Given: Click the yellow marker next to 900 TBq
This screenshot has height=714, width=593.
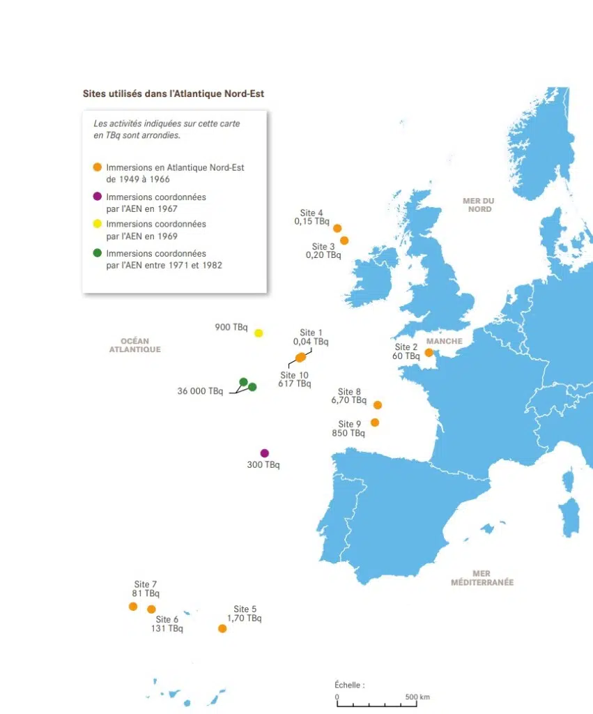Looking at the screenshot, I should pos(259,333).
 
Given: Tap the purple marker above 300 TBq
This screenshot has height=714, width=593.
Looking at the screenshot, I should pos(264,453).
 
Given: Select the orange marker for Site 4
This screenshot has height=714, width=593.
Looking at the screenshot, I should pos(337,228).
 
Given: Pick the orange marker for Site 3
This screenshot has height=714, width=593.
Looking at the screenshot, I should pos(344,241).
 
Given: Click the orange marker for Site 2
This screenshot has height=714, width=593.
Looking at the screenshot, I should pos(429,353).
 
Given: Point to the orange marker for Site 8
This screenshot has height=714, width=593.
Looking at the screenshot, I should pos(378,405).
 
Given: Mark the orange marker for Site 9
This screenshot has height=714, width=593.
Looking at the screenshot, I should pos(375,423).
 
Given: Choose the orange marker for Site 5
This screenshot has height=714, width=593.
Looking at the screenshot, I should pos(222,628).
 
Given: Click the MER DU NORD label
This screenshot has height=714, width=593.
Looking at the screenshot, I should pos(479,205).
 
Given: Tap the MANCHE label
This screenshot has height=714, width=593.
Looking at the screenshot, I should pos(444,342).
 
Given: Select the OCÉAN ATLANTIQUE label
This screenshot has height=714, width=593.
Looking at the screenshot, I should pos(134,345).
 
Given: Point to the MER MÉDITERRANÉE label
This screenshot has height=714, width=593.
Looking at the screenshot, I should pos(482,578).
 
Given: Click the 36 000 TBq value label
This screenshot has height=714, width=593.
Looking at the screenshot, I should pos(200,391).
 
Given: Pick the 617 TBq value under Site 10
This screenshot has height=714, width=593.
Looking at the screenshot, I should pos(294,383).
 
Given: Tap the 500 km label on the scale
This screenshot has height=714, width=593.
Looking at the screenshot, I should pos(417,697).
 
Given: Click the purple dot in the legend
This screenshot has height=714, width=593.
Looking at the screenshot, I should pos(98,197).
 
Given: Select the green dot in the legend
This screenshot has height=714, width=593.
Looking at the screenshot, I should pos(98,253).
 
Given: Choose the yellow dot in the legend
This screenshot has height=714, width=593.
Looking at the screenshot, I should pos(98,224).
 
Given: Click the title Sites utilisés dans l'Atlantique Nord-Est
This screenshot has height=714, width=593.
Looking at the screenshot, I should pos(174,93).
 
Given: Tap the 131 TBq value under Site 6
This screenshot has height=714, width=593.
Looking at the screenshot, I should pos(167,628).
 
